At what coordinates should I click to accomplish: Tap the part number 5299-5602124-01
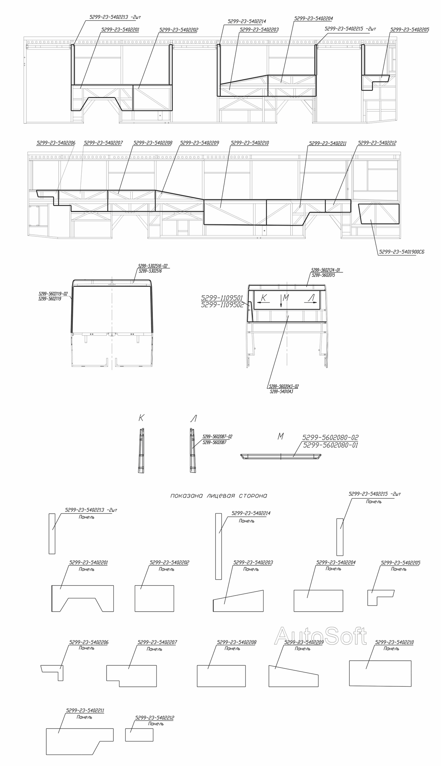pyautogui.click(x=325, y=270)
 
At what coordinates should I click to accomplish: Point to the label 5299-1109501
pyautogui.click(x=222, y=297)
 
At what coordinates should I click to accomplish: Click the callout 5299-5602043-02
pyautogui.click(x=284, y=386)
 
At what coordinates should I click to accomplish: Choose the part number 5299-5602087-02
pyautogui.click(x=217, y=437)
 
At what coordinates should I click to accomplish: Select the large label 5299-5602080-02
pyautogui.click(x=330, y=437)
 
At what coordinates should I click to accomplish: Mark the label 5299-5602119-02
pyautogui.click(x=53, y=294)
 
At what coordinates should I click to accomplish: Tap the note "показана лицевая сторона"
pyautogui.click(x=218, y=496)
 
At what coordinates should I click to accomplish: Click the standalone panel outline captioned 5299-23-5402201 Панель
pyautogui.click(x=82, y=598)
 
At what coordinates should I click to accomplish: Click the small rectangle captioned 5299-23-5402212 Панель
pyautogui.click(x=139, y=735)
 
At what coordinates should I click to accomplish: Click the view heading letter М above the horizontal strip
pyautogui.click(x=280, y=436)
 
